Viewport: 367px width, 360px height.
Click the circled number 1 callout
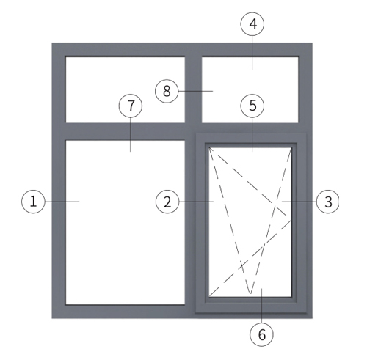click(x=33, y=202)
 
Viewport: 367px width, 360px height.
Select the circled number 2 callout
click(x=167, y=202)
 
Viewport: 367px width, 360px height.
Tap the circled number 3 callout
click(x=328, y=202)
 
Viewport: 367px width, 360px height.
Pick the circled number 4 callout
click(x=252, y=24)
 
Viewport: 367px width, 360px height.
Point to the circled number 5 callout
click(x=252, y=106)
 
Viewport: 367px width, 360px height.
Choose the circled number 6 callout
click(x=261, y=334)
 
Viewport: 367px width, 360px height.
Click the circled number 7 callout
click(x=131, y=106)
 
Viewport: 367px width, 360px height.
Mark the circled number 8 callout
click(x=167, y=91)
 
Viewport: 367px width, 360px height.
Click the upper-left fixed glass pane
click(x=125, y=89)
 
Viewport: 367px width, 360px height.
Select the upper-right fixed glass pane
click(x=250, y=89)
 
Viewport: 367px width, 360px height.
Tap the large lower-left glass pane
click(x=125, y=222)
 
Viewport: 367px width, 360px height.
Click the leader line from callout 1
click(x=62, y=202)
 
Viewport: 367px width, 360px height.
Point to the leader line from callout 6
click(x=261, y=306)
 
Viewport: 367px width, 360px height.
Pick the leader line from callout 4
click(x=252, y=53)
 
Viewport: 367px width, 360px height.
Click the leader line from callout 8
click(x=195, y=91)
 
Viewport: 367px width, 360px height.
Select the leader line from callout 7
click(x=131, y=134)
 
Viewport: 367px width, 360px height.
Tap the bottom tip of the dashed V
click(x=250, y=293)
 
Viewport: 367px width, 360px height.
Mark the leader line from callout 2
click(x=196, y=202)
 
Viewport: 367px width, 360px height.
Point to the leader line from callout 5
click(x=252, y=134)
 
